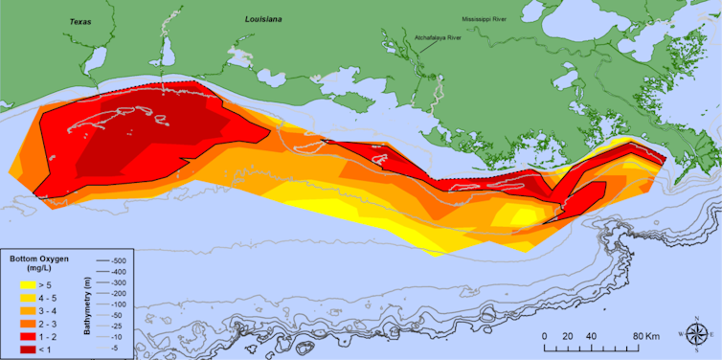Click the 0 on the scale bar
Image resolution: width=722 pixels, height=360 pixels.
click(544, 336)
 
